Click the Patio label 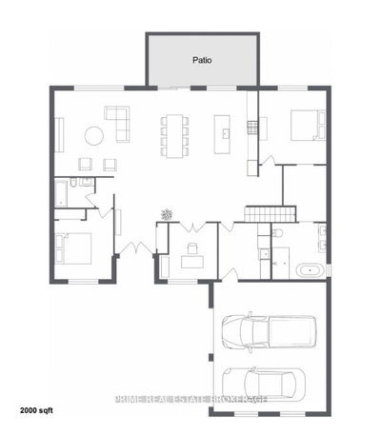pyautogui.click(x=202, y=59)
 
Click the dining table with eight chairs pyautogui.click(x=172, y=133)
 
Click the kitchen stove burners pyautogui.click(x=253, y=126)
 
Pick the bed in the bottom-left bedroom pyautogui.click(x=75, y=249)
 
